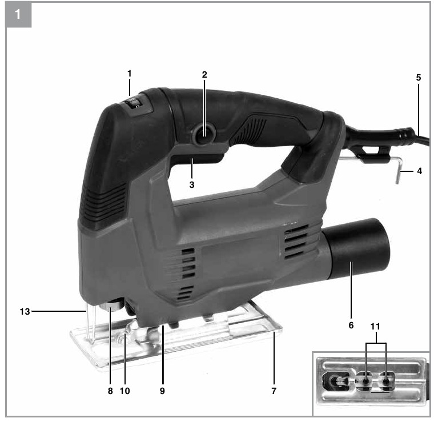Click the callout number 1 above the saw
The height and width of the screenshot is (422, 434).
129,74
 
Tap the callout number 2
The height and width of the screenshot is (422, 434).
204,75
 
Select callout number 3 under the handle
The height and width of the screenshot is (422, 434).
192,184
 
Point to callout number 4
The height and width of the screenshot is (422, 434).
419,171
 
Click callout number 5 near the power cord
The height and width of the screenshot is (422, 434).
418,78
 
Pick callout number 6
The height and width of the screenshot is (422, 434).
351,325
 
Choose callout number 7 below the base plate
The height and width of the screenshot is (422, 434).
274,391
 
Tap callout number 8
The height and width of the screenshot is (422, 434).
110,391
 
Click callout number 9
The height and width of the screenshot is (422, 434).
162,391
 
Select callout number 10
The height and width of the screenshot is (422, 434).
124,391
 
